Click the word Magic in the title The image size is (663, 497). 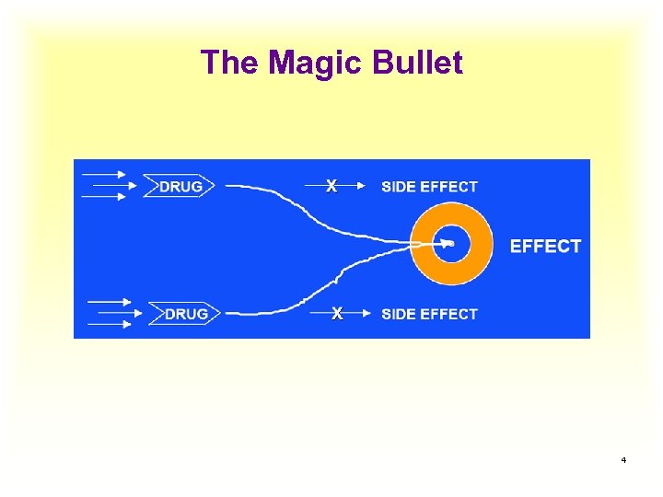point(314,64)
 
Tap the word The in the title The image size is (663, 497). point(230,64)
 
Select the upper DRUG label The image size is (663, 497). point(180,187)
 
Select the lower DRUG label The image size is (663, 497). point(186,314)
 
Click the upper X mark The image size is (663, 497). point(331,186)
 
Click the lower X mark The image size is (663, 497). point(337,314)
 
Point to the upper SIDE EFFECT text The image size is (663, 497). point(429,187)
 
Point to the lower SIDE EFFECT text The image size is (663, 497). point(429,314)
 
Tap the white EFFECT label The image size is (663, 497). point(545,246)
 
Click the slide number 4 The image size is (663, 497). point(623,459)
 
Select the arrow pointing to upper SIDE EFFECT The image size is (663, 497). point(355,187)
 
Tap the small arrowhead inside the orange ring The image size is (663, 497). point(448,244)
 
